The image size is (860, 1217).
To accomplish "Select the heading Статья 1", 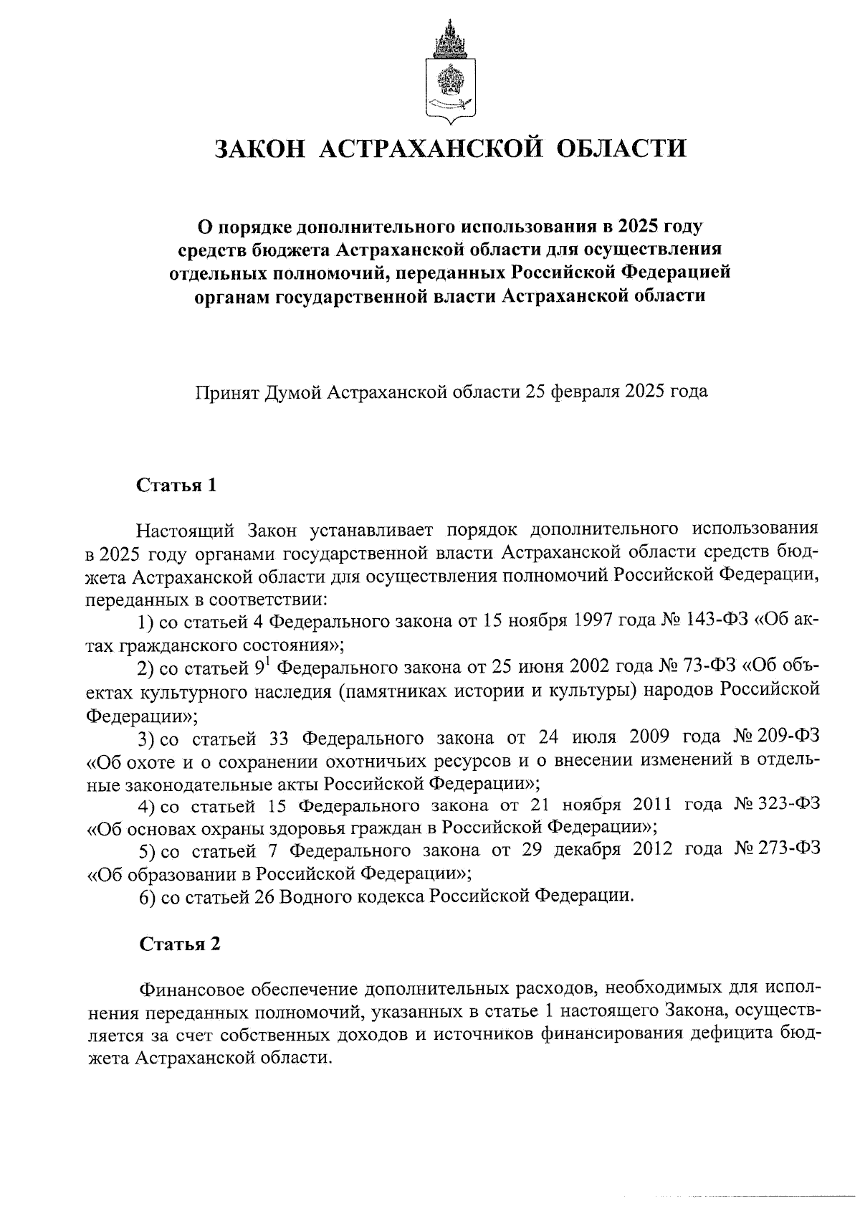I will click(x=176, y=486).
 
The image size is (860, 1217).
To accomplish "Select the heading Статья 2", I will click(x=178, y=944).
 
